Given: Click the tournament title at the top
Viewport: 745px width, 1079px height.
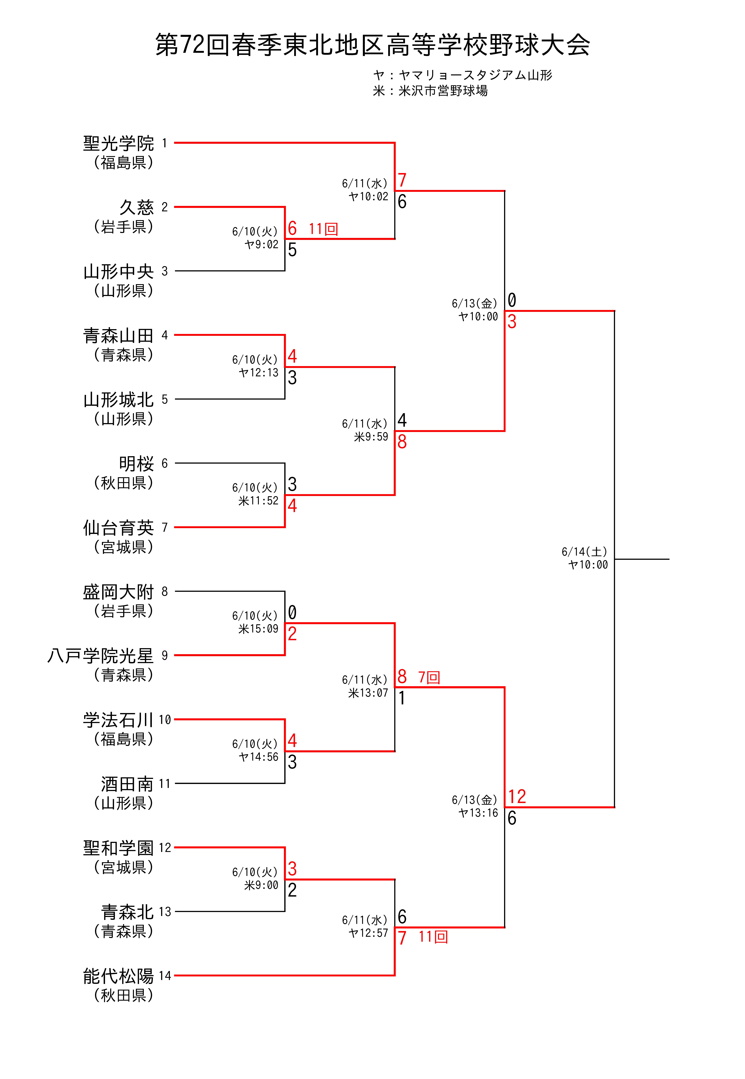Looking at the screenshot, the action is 372,45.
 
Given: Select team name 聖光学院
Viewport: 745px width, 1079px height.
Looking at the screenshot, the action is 119,143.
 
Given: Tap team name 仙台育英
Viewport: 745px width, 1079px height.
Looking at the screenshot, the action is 119,528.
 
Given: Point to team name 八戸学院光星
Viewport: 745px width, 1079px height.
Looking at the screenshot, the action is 100,656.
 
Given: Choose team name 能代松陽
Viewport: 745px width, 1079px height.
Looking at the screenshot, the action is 119,976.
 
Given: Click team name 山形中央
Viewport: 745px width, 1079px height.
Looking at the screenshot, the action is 119,271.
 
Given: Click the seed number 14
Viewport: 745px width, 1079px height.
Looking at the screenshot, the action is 165,976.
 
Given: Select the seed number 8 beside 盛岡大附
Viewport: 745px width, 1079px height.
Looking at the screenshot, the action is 165,592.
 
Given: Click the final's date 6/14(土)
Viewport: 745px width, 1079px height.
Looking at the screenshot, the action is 584,552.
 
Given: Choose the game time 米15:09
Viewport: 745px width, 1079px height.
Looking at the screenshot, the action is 259,629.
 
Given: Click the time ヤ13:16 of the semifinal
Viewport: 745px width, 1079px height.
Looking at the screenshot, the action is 479,813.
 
